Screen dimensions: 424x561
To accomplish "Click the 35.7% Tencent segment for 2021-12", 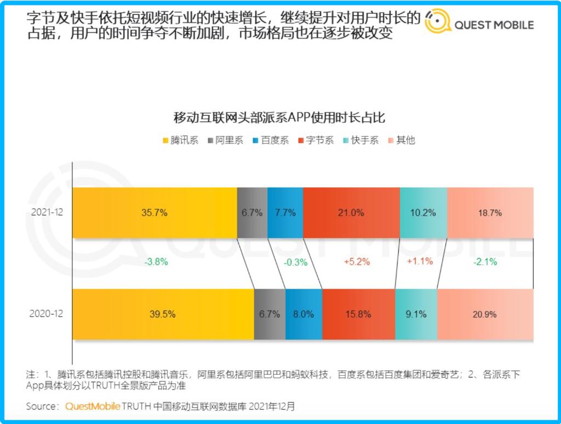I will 154,213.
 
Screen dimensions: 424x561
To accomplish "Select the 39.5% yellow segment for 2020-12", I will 163,314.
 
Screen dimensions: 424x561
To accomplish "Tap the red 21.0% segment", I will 351,213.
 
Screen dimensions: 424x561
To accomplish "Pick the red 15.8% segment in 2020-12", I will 358,314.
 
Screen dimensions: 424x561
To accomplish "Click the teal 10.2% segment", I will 423,213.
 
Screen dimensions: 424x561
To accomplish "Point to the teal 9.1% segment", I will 416,314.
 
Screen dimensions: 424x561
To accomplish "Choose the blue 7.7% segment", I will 285,213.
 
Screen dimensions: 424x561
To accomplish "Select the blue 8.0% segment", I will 304,314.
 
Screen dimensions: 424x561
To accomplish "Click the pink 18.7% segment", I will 490,213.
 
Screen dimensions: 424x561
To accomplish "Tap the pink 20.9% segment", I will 485,314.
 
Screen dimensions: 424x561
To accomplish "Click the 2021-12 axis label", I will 48,213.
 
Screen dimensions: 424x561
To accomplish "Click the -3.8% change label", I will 156,262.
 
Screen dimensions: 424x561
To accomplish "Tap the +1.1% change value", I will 420,261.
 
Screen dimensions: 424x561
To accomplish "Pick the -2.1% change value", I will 485,262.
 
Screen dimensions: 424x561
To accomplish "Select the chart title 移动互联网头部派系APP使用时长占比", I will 280,117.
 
